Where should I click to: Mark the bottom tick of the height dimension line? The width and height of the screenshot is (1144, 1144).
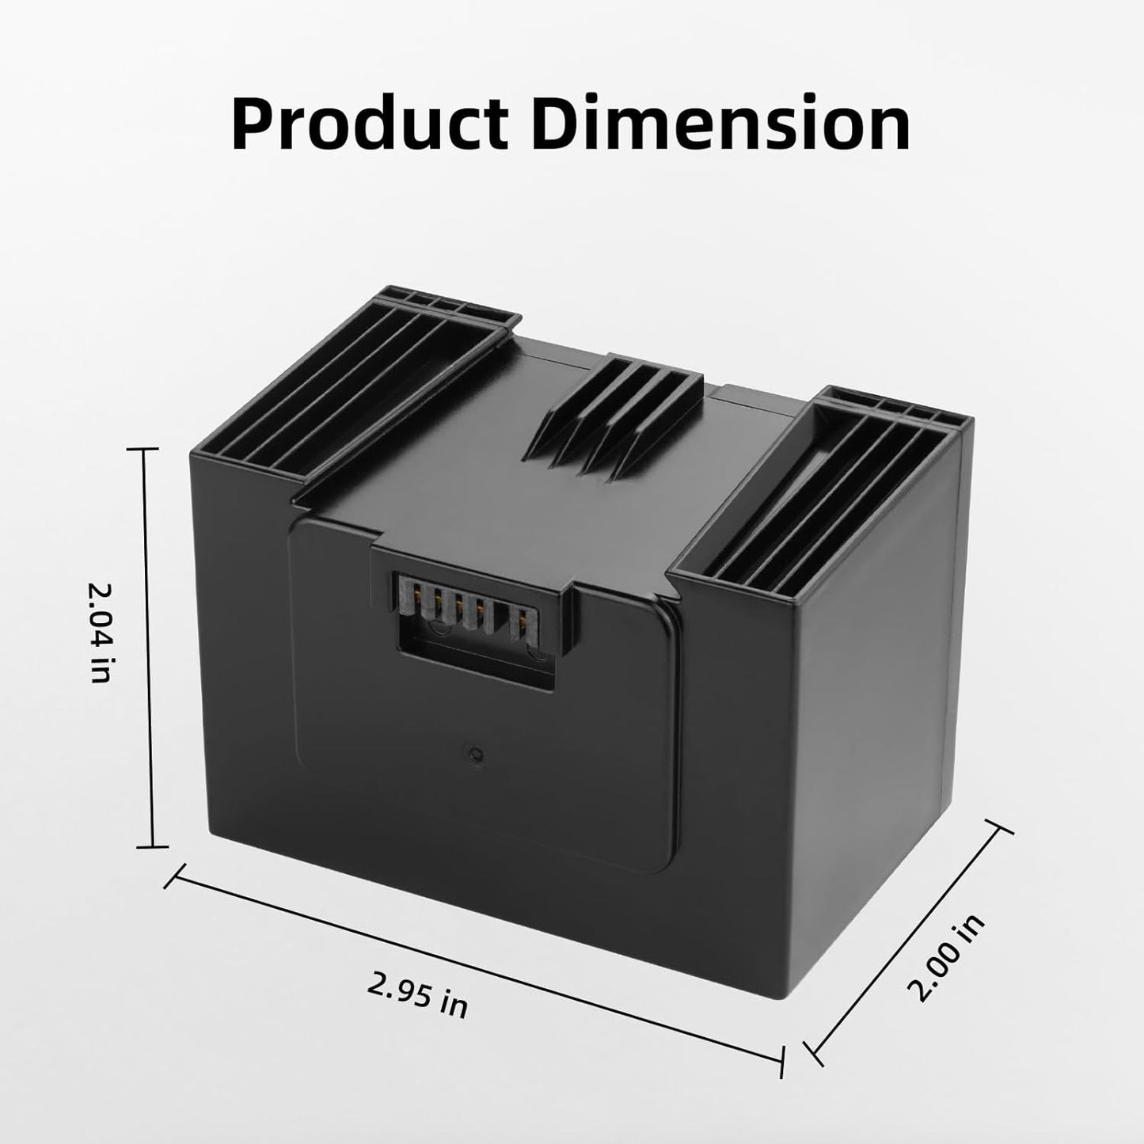tap(152, 846)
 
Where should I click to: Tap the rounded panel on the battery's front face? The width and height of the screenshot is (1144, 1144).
tap(483, 713)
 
